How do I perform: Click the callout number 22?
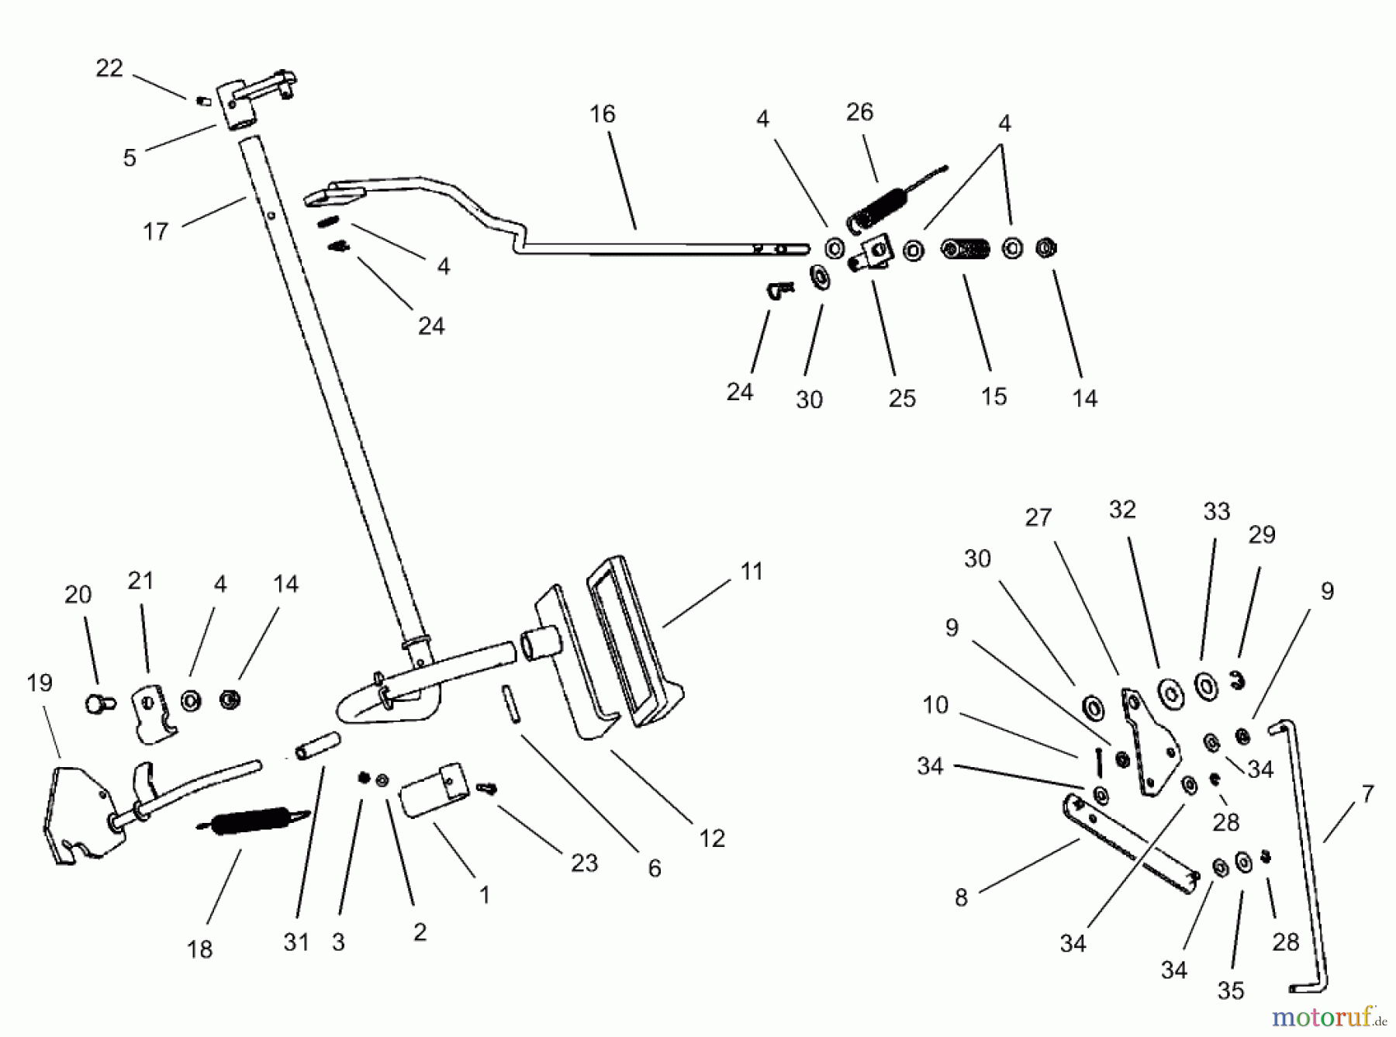[109, 68]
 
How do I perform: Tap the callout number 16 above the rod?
[602, 114]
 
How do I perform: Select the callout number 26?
[859, 112]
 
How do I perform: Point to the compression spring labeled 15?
[966, 250]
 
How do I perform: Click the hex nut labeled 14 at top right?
[1046, 249]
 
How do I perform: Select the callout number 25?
[902, 398]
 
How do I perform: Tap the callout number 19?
[40, 683]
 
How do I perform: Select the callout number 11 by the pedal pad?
[751, 572]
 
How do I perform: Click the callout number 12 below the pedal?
[711, 838]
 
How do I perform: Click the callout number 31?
[296, 942]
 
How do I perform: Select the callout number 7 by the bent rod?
[1367, 793]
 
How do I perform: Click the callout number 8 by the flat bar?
[961, 897]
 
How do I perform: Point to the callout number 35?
[1231, 990]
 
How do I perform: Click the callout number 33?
[1216, 511]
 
